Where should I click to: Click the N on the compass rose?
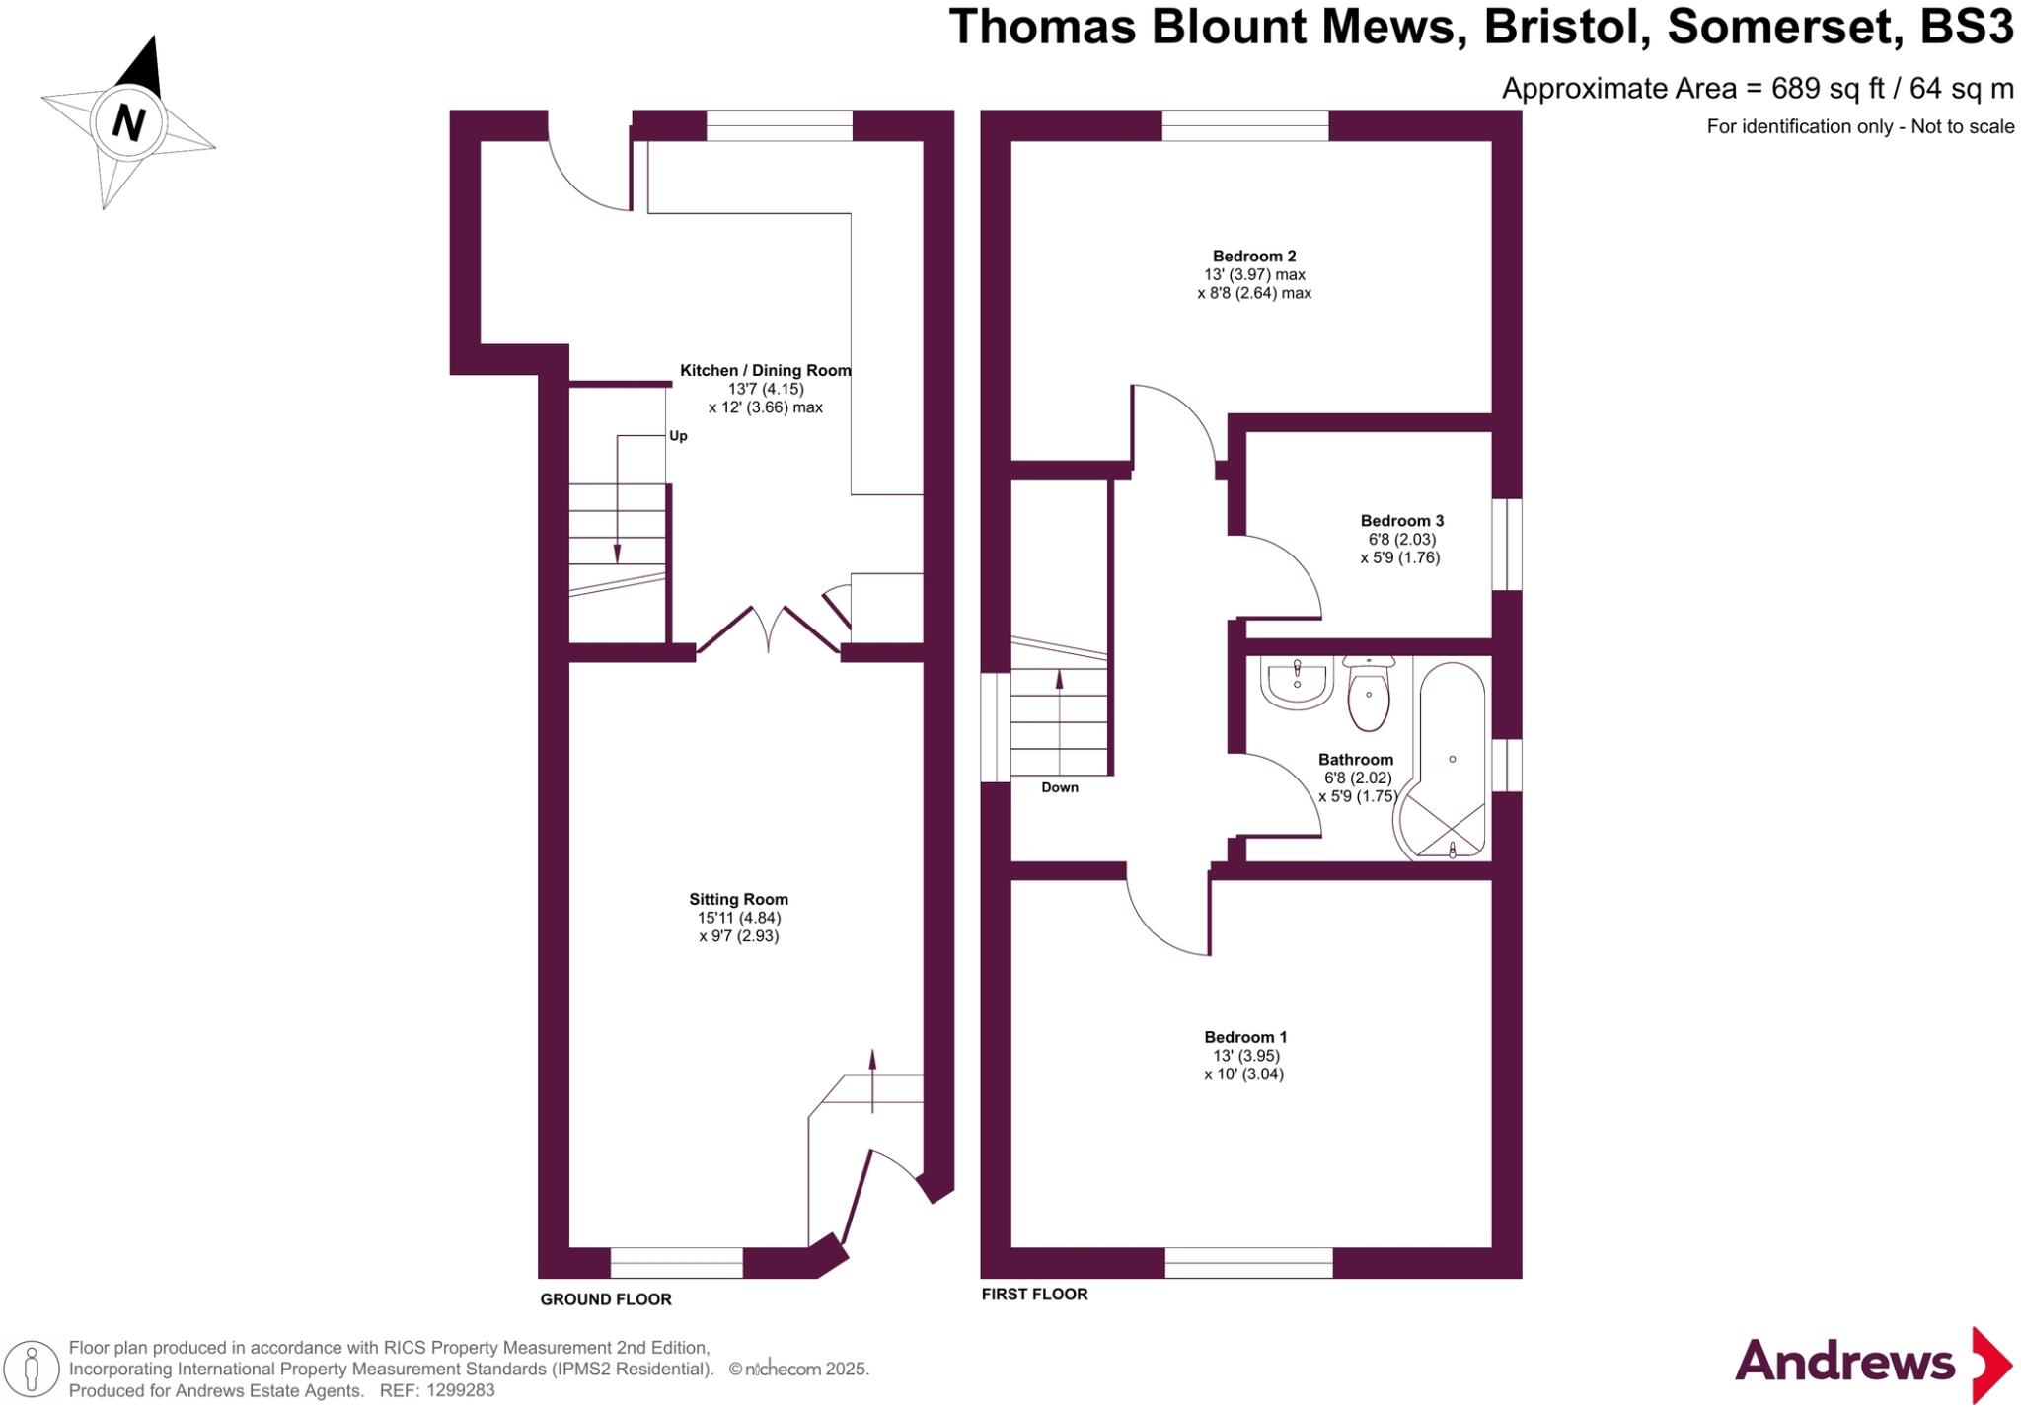tap(129, 123)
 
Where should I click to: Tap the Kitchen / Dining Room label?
tap(765, 371)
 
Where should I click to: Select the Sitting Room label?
tap(738, 899)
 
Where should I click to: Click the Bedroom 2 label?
tap(1253, 257)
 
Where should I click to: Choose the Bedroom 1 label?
tap(1245, 1037)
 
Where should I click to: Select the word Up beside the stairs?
tap(678, 436)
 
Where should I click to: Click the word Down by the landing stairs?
tap(1060, 787)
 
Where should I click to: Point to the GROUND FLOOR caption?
tap(606, 1299)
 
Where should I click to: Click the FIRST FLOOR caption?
tap(1034, 1294)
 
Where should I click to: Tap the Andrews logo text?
tap(1844, 1363)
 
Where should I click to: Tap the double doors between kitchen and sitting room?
tap(769, 629)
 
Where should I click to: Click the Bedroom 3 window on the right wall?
tap(1506, 544)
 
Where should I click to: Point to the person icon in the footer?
tap(32, 1370)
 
